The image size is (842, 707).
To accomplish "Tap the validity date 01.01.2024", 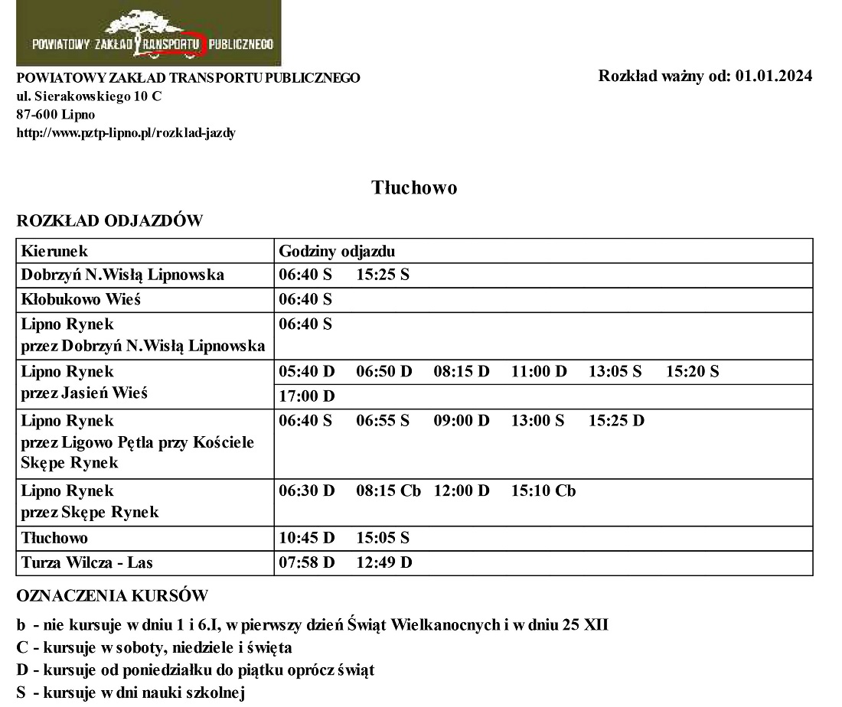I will click(774, 76).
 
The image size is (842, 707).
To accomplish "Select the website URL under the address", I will click(126, 132).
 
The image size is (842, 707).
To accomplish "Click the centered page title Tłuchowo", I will click(414, 187).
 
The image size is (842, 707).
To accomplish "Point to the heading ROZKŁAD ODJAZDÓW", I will click(109, 221).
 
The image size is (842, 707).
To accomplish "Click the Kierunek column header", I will click(55, 251).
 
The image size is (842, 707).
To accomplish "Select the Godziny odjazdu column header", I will click(337, 251).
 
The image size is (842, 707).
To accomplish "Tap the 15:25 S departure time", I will click(383, 275).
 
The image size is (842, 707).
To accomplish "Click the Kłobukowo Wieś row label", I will click(81, 300).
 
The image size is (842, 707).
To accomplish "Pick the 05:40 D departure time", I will click(307, 372).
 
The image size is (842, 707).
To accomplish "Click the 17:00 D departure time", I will click(307, 396).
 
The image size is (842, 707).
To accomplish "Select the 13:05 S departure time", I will click(615, 372).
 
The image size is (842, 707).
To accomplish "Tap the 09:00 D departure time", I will click(461, 421).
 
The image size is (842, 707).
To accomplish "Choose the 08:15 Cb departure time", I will click(388, 490).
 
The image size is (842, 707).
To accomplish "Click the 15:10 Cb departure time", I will click(543, 490).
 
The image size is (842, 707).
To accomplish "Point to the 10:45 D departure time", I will click(307, 539).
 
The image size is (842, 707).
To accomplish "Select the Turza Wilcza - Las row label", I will click(87, 563).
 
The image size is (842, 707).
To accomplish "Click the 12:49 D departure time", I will click(384, 563).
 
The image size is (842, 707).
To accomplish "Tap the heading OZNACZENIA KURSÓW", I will click(112, 595).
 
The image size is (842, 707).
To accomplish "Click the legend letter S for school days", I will click(21, 694).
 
